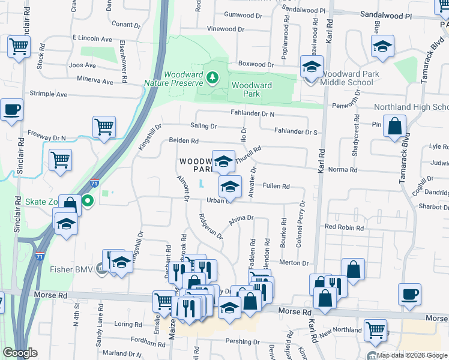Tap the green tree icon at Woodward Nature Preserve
pyautogui.click(x=212, y=77)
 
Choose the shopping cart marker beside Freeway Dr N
pyautogui.click(x=104, y=126)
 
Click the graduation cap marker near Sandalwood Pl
pyautogui.click(x=382, y=46)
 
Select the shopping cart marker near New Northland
pyautogui.click(x=375, y=328)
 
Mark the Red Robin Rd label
pyautogui.click(x=344, y=228)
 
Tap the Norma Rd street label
pyautogui.click(x=343, y=170)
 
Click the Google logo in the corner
pyautogui.click(x=20, y=353)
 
